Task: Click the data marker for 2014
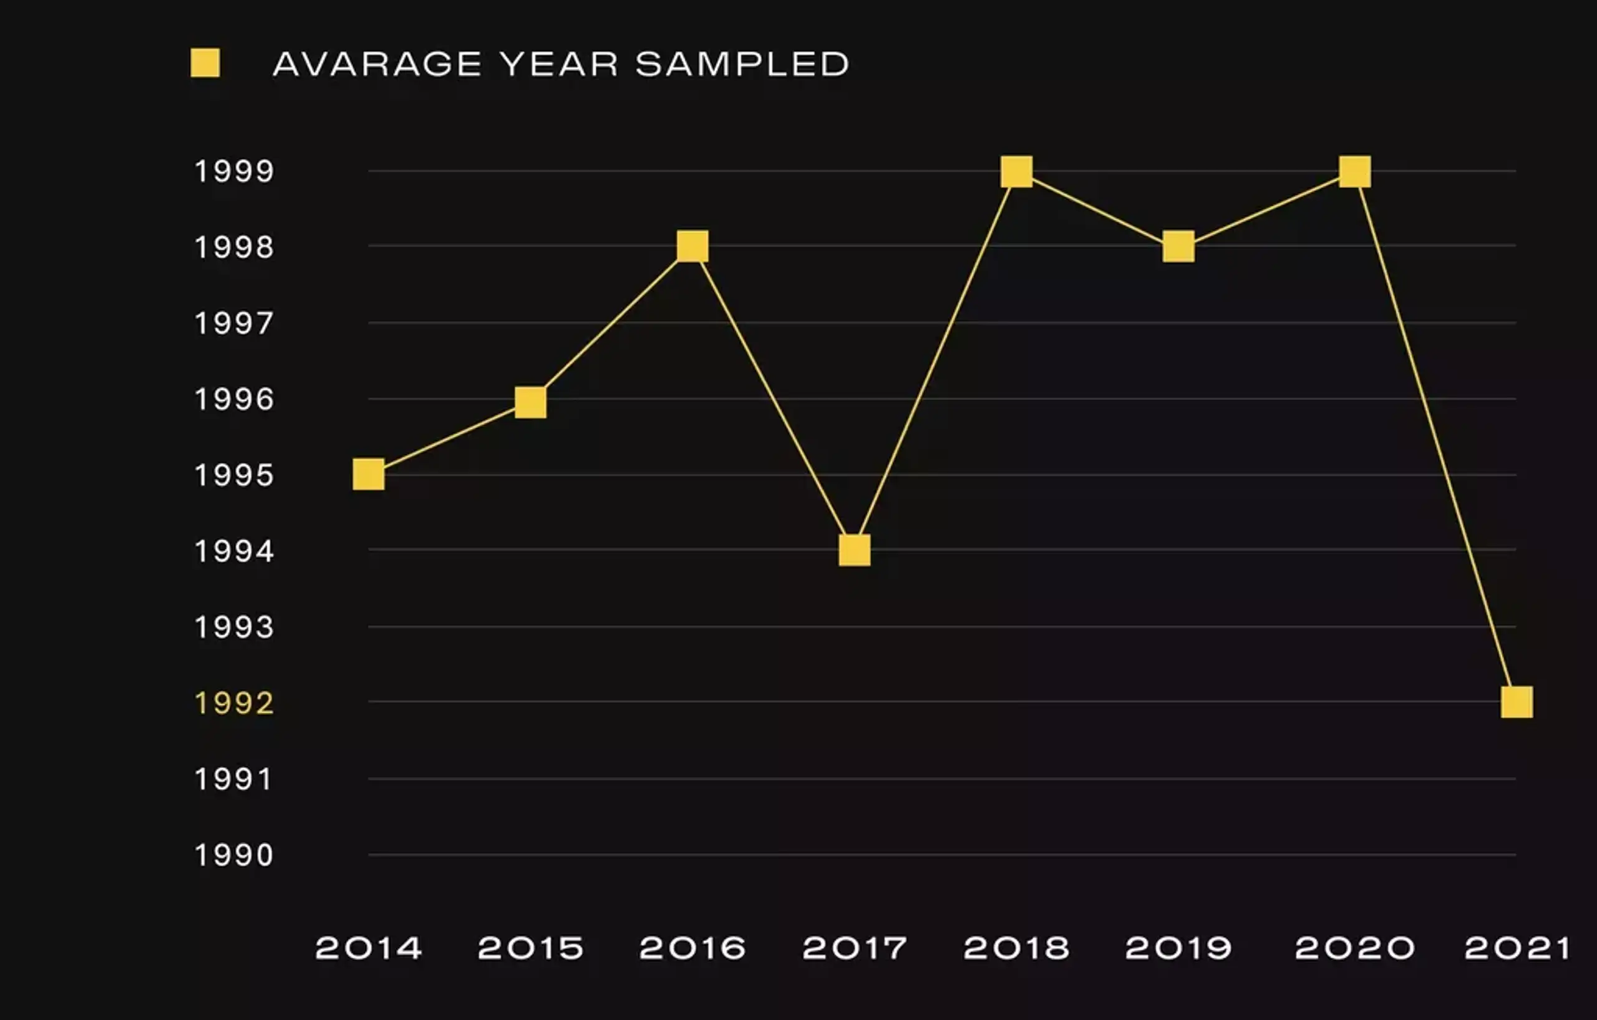click(369, 474)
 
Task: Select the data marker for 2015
click(530, 402)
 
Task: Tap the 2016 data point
click(692, 246)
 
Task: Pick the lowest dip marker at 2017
click(854, 550)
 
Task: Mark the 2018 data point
click(1017, 172)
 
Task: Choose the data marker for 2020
click(1355, 172)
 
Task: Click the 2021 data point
click(1517, 702)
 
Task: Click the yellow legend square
click(205, 63)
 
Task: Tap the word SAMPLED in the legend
click(742, 64)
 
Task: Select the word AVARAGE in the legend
click(377, 64)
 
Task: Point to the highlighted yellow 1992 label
click(233, 703)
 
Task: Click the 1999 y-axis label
click(233, 171)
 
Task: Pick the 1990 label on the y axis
click(233, 855)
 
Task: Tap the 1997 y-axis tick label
click(233, 324)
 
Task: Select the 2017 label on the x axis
click(854, 948)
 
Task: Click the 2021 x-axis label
click(1517, 948)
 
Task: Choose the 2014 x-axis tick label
click(369, 948)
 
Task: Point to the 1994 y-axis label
click(233, 551)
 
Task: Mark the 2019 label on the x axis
click(1178, 948)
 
